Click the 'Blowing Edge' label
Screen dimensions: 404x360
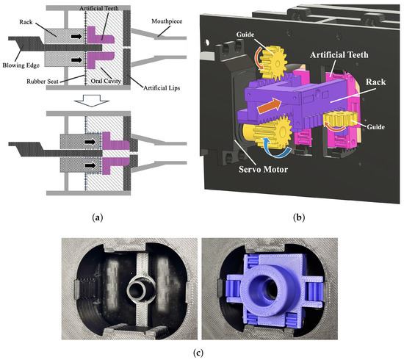[21, 65]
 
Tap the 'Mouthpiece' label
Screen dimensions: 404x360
[167, 21]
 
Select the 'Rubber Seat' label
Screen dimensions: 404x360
[43, 82]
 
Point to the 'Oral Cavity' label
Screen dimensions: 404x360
[106, 81]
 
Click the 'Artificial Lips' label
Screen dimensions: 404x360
[162, 88]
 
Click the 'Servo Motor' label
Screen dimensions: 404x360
[263, 169]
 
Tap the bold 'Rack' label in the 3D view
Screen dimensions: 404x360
[375, 82]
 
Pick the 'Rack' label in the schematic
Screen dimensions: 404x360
[26, 22]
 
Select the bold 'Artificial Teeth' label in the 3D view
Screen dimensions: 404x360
[339, 55]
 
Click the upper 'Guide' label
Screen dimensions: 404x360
[245, 35]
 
